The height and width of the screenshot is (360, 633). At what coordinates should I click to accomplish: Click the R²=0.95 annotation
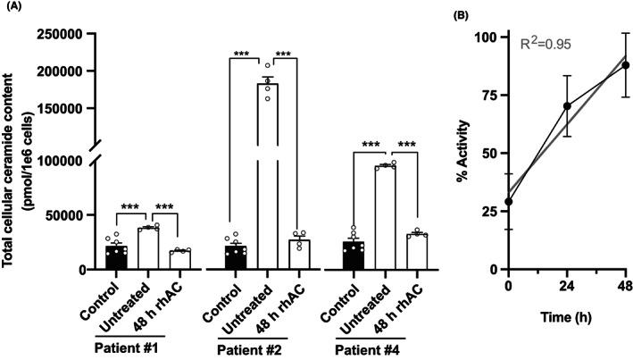tap(546, 42)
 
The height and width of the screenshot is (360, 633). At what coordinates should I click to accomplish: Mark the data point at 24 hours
tap(567, 106)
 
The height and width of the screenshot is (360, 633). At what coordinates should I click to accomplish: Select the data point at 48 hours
tap(626, 65)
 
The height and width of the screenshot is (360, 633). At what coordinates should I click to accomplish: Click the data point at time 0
tap(508, 202)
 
